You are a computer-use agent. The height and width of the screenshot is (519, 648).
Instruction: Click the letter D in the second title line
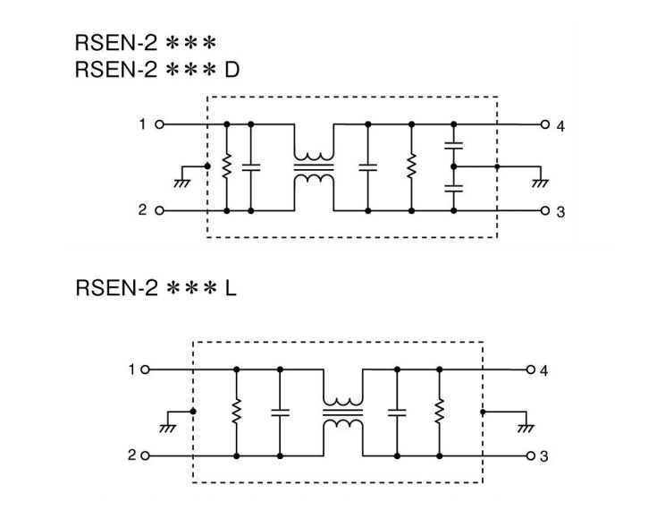pos(232,68)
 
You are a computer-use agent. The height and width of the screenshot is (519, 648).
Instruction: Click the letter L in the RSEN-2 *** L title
pos(231,288)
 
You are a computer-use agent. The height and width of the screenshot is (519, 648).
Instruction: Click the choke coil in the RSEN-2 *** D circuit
pos(314,166)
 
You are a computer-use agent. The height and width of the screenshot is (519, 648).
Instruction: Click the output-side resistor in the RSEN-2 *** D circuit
pos(411,166)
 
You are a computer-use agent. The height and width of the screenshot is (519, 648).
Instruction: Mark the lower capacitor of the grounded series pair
pos(454,188)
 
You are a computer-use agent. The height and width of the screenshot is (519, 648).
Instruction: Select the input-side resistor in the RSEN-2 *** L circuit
pos(236,412)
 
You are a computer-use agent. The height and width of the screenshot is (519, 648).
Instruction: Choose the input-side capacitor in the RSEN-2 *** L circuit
pos(280,412)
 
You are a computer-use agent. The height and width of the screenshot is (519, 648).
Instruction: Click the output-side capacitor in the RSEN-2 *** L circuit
pos(395,412)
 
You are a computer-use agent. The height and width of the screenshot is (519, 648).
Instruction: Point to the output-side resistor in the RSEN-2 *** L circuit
pos(440,412)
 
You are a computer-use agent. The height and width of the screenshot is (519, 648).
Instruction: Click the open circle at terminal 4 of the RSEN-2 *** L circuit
pos(531,369)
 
